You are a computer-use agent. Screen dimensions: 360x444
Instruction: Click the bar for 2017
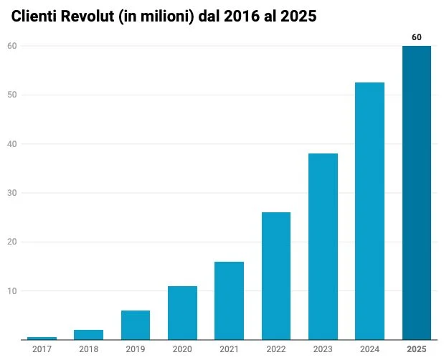pyautogui.click(x=42, y=338)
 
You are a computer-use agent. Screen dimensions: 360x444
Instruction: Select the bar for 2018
pyautogui.click(x=88, y=334)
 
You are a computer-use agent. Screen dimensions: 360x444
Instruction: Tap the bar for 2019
pyautogui.click(x=136, y=325)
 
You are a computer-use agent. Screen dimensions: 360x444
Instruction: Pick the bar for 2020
pyautogui.click(x=182, y=313)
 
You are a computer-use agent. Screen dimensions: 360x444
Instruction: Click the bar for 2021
pyautogui.click(x=229, y=300)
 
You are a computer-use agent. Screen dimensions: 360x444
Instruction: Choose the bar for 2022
pyautogui.click(x=276, y=276)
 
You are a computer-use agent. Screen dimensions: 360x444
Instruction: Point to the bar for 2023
pyautogui.click(x=323, y=247)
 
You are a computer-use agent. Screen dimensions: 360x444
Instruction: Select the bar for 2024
pyautogui.click(x=369, y=211)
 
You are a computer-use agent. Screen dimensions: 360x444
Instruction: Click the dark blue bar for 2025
pyautogui.click(x=416, y=193)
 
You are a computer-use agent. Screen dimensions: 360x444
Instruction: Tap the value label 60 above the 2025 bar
pyautogui.click(x=416, y=37)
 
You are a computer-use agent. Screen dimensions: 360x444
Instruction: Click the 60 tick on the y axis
pyautogui.click(x=12, y=46)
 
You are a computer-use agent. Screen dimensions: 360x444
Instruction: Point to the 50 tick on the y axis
pyautogui.click(x=12, y=95)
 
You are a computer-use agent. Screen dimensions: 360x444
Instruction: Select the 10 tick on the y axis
pyautogui.click(x=12, y=290)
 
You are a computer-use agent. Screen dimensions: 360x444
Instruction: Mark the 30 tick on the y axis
pyautogui.click(x=12, y=193)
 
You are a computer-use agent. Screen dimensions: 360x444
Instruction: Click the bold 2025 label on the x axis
pyautogui.click(x=416, y=349)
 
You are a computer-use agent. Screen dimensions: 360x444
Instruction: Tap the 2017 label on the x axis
pyautogui.click(x=42, y=349)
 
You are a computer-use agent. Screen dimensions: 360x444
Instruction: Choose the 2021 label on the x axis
pyautogui.click(x=229, y=349)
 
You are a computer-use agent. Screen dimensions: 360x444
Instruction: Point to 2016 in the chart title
pyautogui.click(x=238, y=16)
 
